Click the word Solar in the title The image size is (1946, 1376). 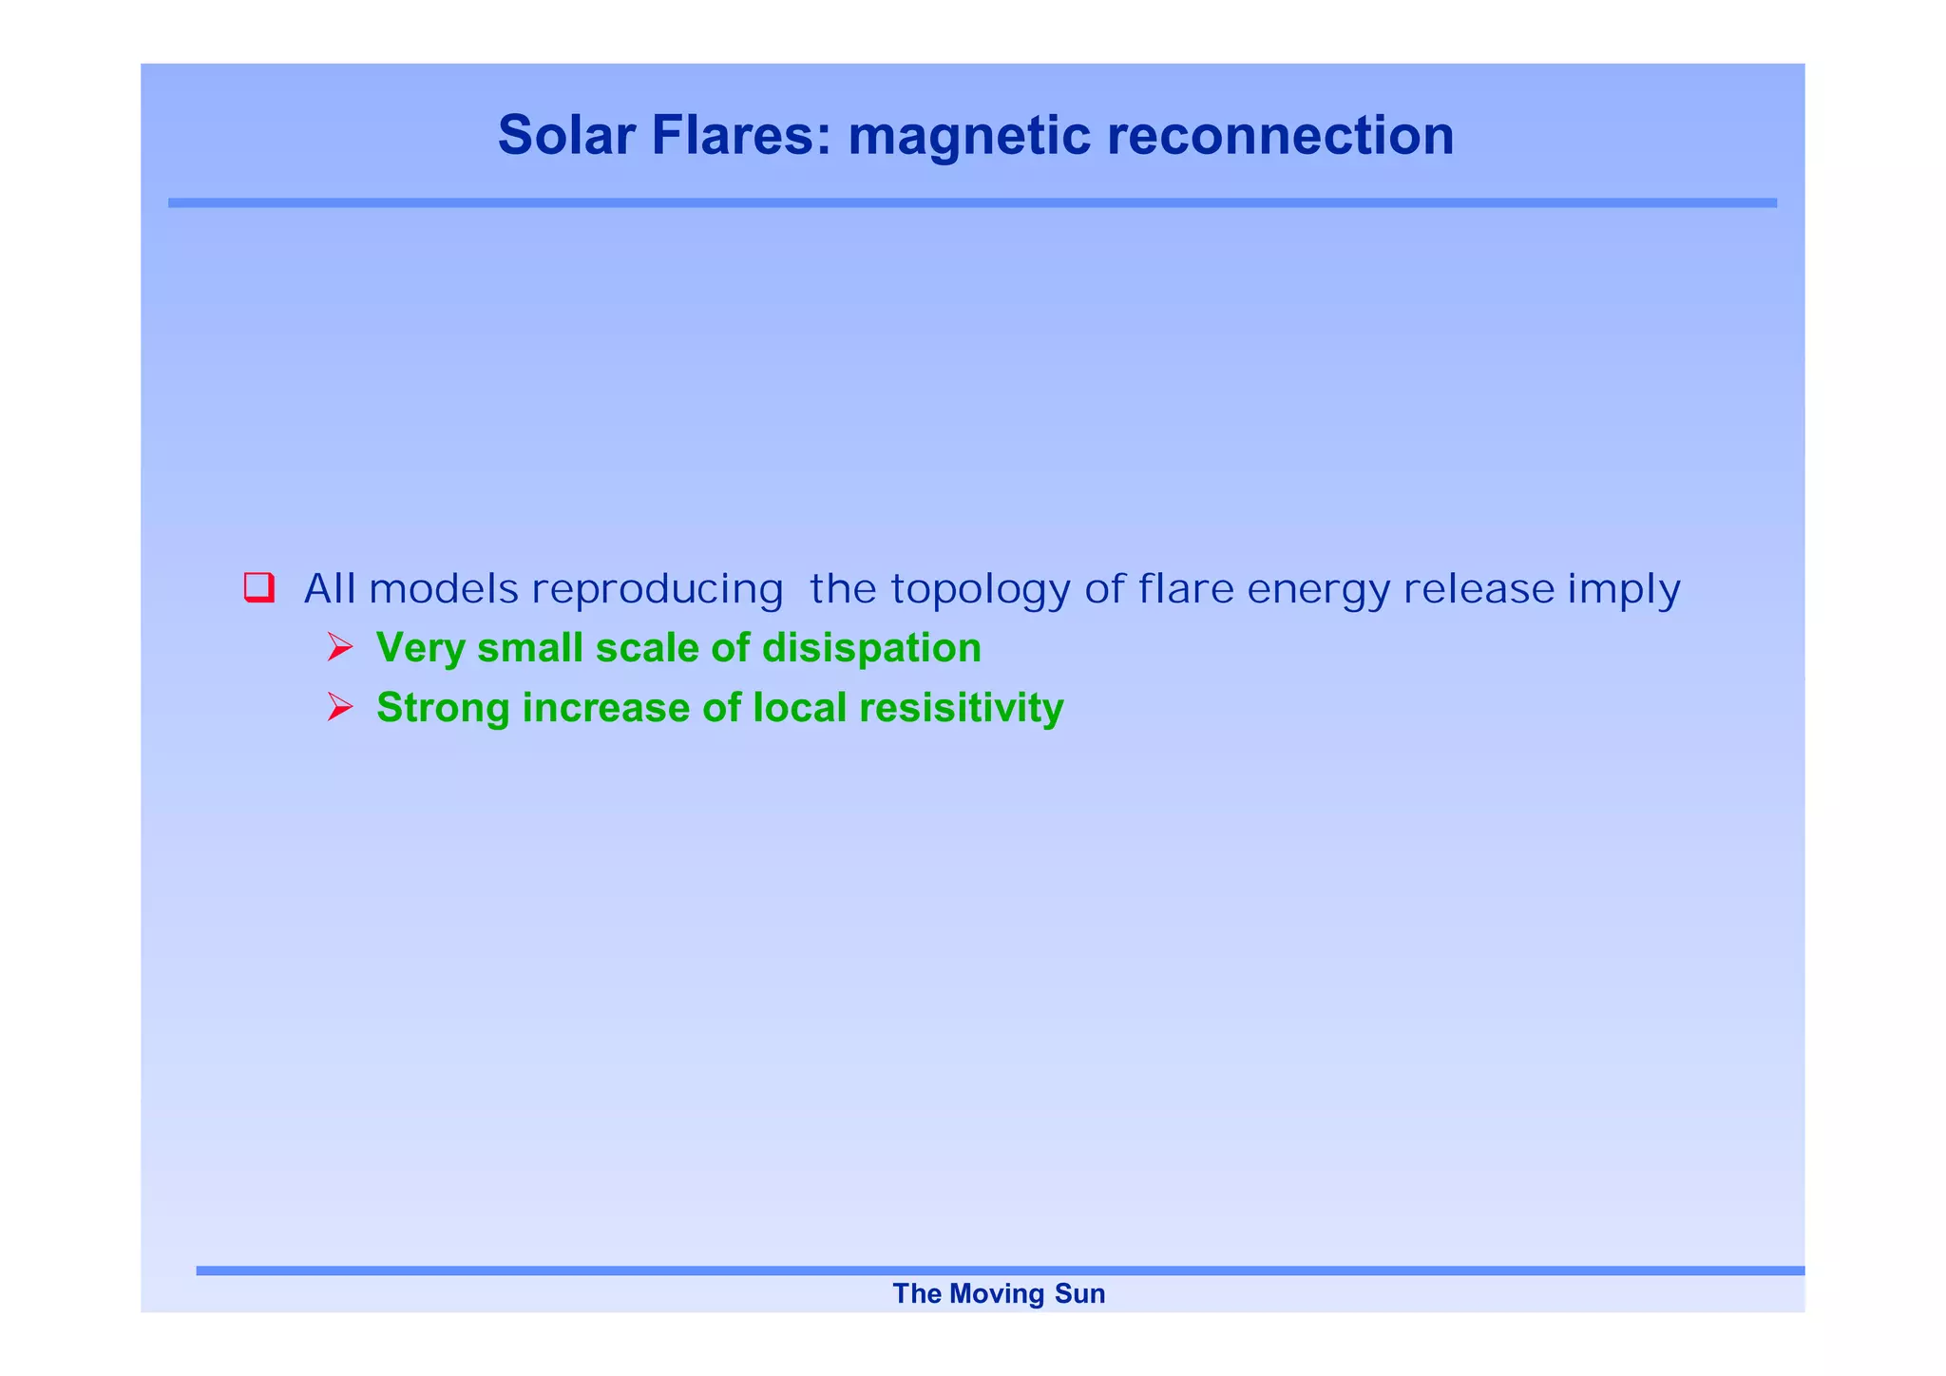566,135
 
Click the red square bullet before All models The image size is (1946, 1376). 258,587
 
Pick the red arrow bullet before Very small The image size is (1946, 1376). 339,648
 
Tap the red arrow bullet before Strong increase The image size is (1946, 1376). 339,707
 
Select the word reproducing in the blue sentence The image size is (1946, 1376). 658,589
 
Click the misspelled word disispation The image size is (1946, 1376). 871,648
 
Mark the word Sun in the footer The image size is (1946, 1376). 1080,1293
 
